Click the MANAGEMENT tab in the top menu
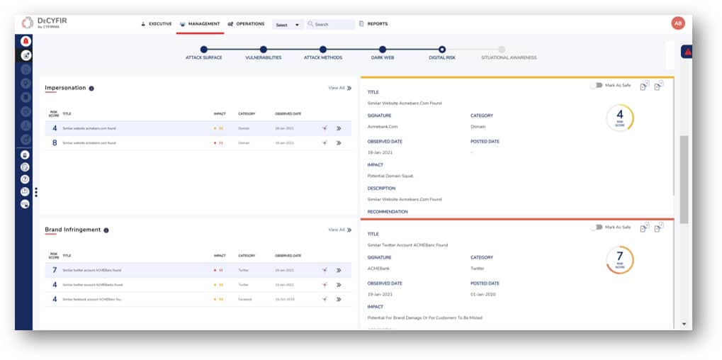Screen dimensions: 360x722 [x=201, y=24]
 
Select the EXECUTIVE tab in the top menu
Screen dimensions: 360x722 [x=157, y=24]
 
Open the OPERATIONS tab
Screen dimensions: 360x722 [x=247, y=24]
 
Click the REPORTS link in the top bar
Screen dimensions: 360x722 [x=377, y=24]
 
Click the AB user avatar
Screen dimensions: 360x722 [x=678, y=23]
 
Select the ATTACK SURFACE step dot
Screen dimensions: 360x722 [x=203, y=50]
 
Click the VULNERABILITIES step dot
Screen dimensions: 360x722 [x=264, y=50]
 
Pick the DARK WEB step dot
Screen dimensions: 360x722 [x=383, y=50]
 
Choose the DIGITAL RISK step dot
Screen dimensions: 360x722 [x=442, y=50]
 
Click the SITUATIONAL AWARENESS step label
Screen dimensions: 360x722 [x=508, y=57]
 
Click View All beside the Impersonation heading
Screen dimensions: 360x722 [x=339, y=88]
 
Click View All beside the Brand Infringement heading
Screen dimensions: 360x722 [x=339, y=230]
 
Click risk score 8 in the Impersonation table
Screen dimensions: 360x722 [x=55, y=142]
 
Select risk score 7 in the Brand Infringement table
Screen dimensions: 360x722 [x=55, y=270]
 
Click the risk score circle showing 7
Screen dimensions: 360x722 [x=620, y=259]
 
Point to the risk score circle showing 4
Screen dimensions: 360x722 [x=620, y=118]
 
